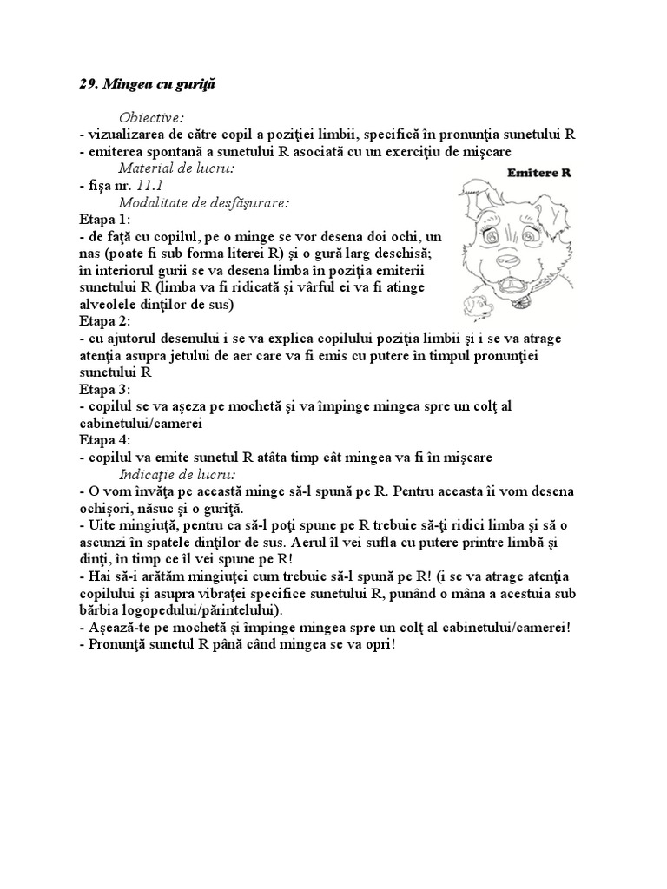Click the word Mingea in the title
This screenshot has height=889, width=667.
click(128, 84)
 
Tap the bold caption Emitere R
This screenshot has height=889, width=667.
click(538, 173)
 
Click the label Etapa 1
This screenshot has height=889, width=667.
click(103, 219)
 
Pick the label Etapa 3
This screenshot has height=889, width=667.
click(103, 389)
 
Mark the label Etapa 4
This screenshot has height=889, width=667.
click(103, 440)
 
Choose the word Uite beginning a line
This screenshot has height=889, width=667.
click(100, 525)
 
